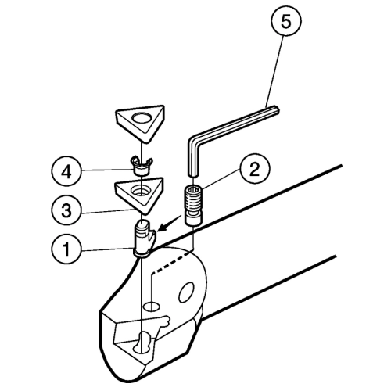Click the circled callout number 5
(285, 22)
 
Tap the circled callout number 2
(254, 170)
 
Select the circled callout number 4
(66, 172)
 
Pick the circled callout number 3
(66, 210)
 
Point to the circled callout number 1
(66, 249)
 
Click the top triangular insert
(140, 123)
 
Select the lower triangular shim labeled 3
(139, 195)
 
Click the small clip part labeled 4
(141, 167)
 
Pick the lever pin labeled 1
(144, 239)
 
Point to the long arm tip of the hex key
(276, 109)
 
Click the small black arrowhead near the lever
(161, 228)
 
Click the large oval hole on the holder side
(187, 292)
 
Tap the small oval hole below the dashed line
(152, 307)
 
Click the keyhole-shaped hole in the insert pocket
(142, 343)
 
